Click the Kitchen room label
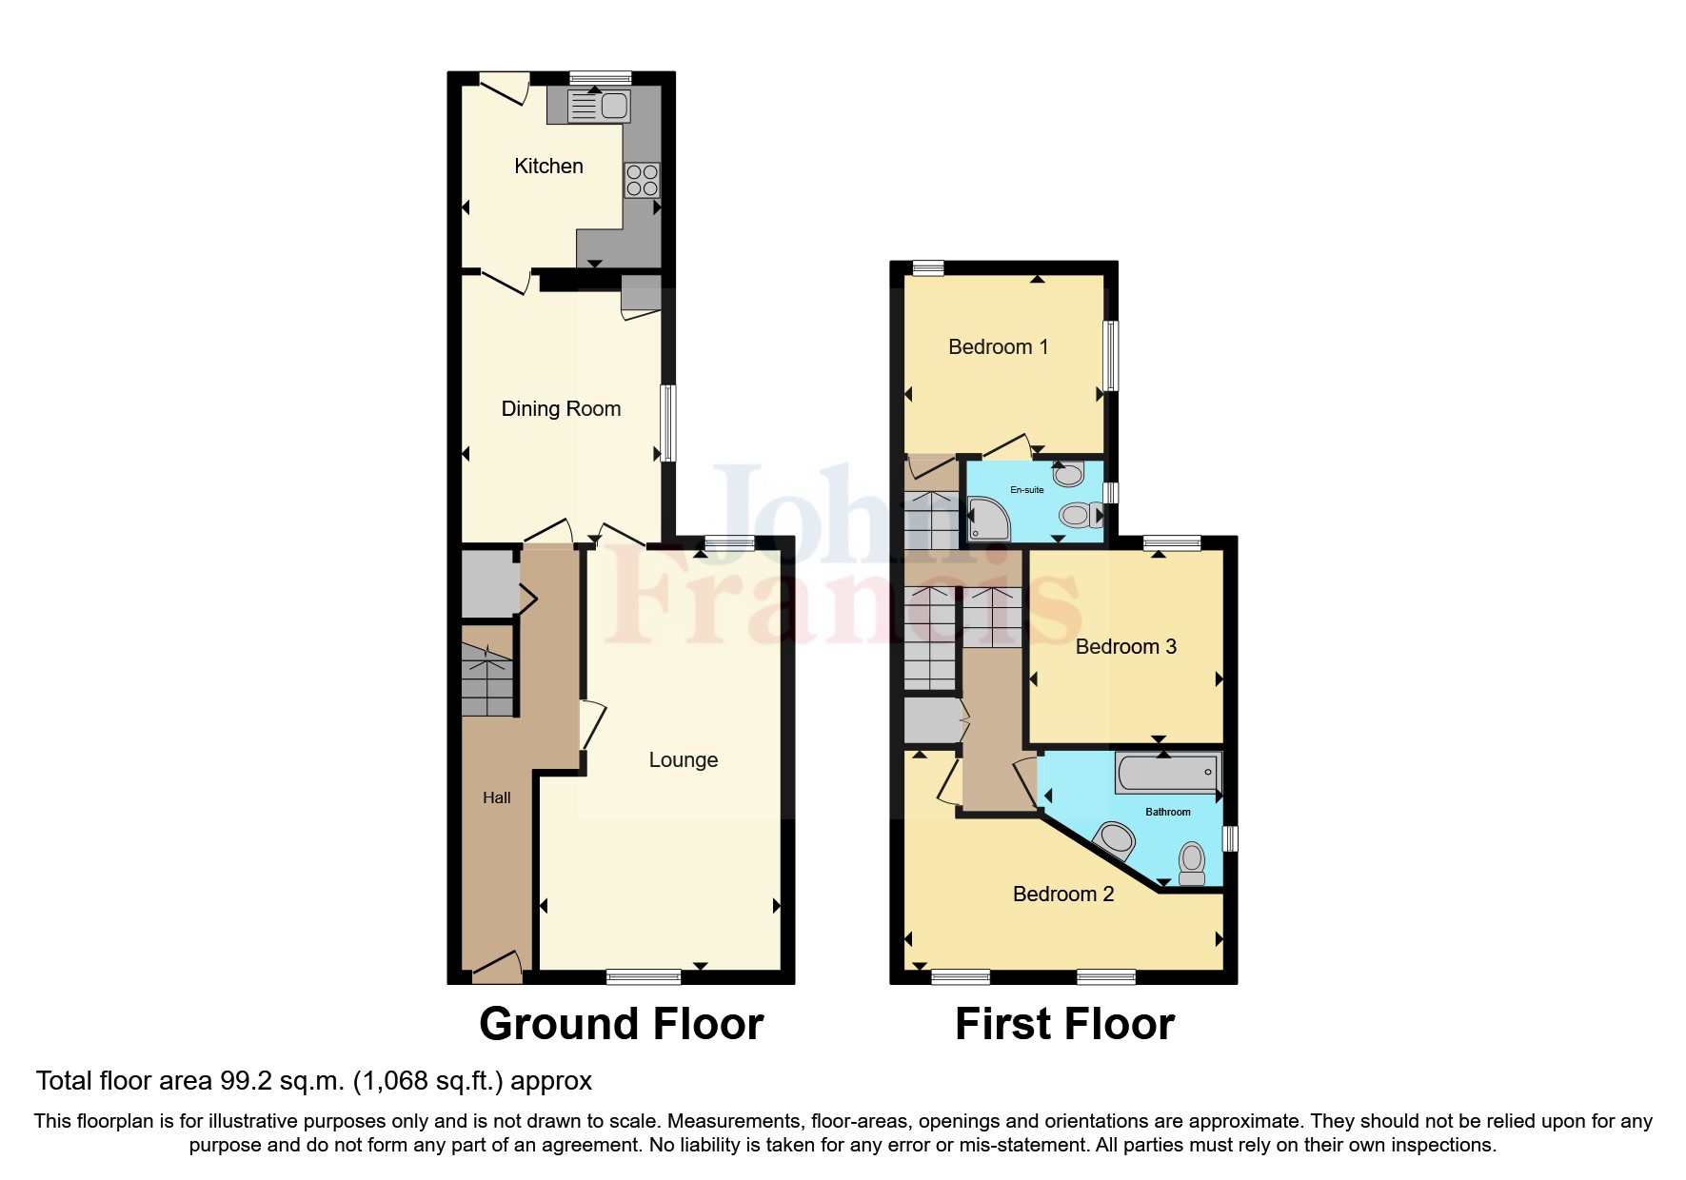tap(548, 167)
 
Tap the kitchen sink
tap(598, 106)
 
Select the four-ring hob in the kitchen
tap(642, 181)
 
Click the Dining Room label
tap(561, 409)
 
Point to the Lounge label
tap(683, 760)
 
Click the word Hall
tap(496, 798)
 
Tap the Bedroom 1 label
tap(998, 347)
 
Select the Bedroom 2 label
tap(1062, 895)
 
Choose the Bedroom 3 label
tap(1125, 647)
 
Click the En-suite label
tap(1026, 490)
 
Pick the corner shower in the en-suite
tap(986, 519)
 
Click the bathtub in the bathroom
tap(1167, 773)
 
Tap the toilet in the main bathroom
tap(1191, 862)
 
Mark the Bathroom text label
tap(1167, 813)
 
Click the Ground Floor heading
tap(621, 1025)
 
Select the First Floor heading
tap(1064, 1025)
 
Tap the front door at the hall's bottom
tap(497, 969)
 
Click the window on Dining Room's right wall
tap(668, 423)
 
